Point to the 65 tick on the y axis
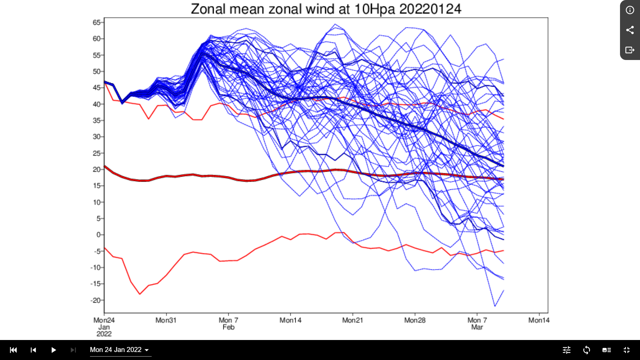(96, 22)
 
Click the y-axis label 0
(98, 235)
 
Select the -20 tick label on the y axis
(95, 300)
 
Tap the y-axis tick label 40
(96, 104)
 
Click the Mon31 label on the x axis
(166, 320)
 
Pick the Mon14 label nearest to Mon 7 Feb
(290, 320)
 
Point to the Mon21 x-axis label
(352, 320)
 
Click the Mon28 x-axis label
(415, 320)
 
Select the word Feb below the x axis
(229, 327)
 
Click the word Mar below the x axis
(477, 327)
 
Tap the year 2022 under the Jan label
(104, 334)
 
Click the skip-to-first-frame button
(13, 350)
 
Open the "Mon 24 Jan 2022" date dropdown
(120, 350)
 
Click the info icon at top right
(630, 10)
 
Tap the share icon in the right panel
(630, 30)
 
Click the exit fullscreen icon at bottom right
(627, 350)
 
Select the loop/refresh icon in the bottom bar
(587, 350)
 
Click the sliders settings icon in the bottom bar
(567, 350)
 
